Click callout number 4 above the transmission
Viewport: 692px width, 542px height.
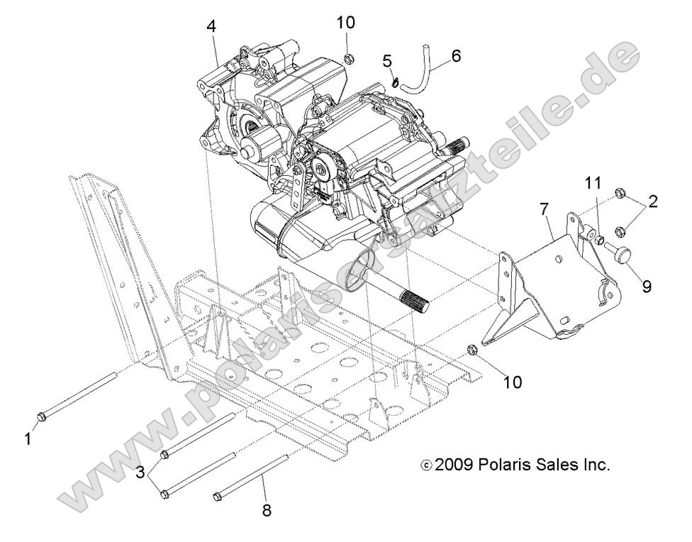point(211,26)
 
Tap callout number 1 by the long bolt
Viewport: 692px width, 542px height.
point(28,440)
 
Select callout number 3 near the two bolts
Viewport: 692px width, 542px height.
point(141,472)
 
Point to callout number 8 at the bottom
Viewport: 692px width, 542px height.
point(267,509)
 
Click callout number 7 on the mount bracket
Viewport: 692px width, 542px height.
point(543,210)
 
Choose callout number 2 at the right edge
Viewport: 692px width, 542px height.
point(653,201)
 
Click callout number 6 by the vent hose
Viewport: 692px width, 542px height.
point(455,55)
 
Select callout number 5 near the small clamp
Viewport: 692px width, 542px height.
point(388,61)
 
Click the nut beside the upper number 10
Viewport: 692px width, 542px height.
point(348,57)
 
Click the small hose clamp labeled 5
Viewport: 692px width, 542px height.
point(392,83)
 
